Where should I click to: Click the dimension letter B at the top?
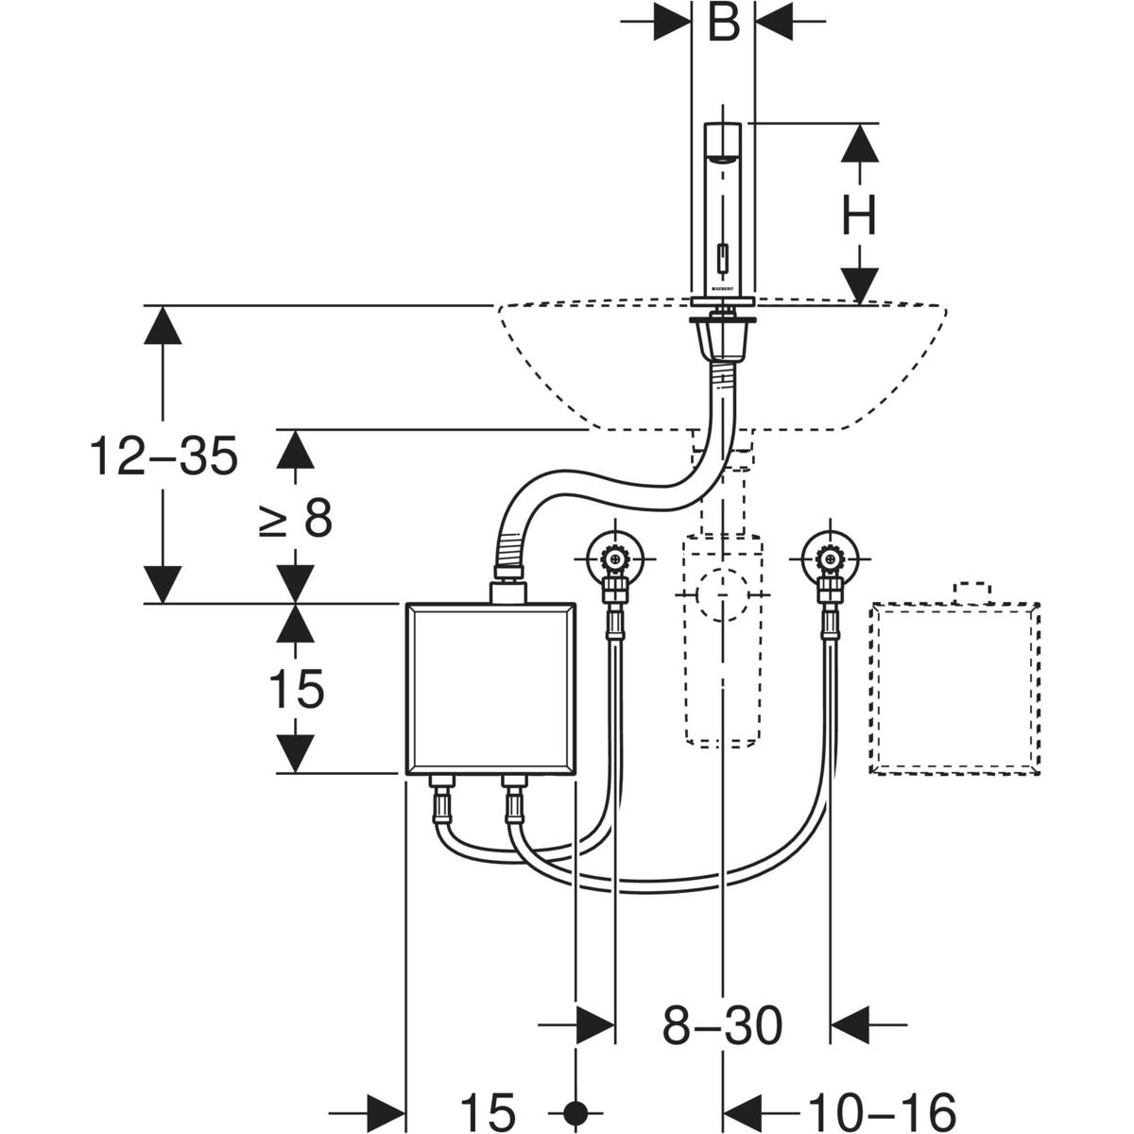coord(723,24)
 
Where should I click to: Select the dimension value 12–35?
coord(163,457)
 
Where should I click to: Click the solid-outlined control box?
coord(490,688)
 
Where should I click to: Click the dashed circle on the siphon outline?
coord(723,595)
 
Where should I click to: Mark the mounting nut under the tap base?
coord(723,336)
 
